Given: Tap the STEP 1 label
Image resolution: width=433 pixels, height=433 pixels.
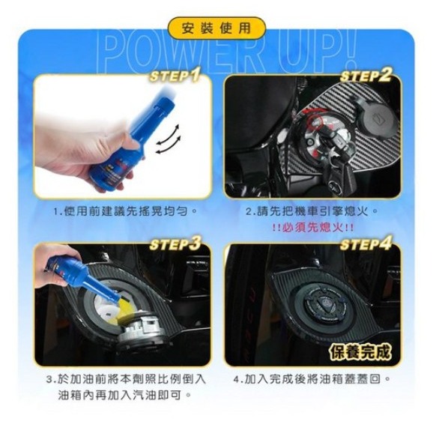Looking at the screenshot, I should tap(175, 76).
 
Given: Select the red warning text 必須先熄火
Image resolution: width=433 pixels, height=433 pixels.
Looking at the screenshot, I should tap(312, 227).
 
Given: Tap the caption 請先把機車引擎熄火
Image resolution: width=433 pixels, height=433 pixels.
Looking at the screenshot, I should tap(312, 212).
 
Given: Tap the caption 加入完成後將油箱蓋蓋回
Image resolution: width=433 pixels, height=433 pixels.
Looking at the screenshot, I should tap(312, 379).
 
